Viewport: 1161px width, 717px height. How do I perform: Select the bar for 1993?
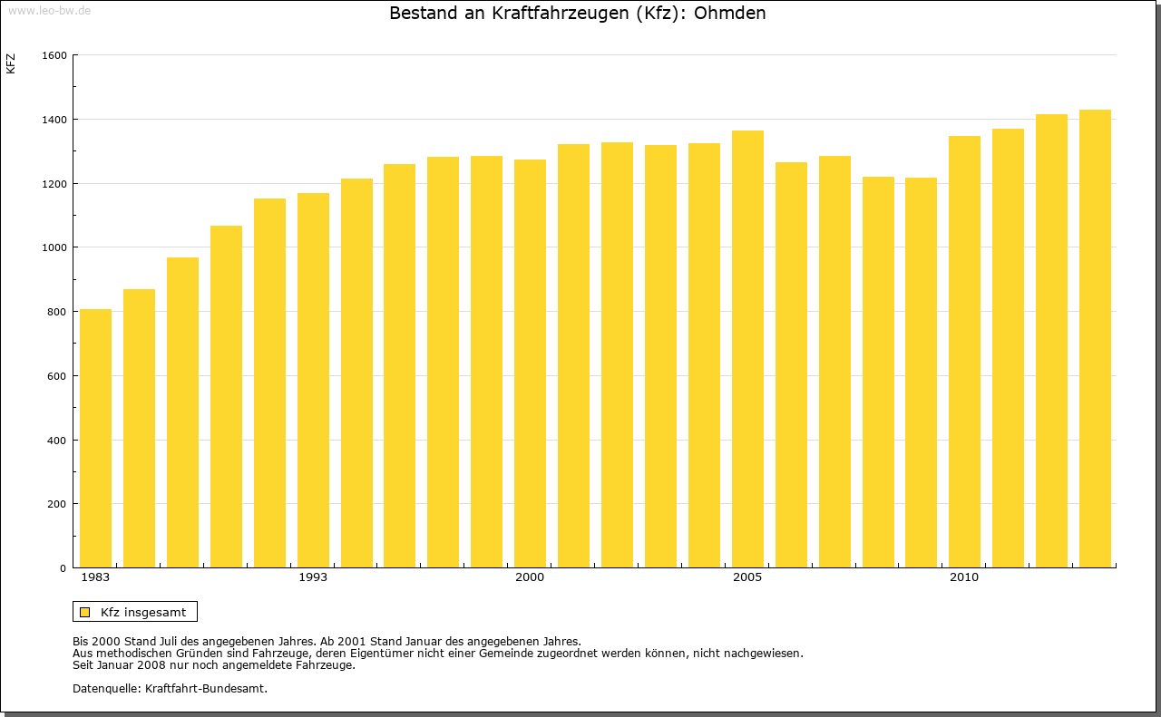click(x=313, y=381)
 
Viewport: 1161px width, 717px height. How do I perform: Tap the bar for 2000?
click(x=530, y=363)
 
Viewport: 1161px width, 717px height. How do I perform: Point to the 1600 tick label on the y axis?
click(x=55, y=55)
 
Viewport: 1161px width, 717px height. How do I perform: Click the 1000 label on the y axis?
click(x=55, y=247)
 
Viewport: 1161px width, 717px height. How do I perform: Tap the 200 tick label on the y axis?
click(x=58, y=504)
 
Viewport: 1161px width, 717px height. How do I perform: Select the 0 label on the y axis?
click(x=63, y=568)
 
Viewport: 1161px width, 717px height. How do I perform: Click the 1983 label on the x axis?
click(x=95, y=577)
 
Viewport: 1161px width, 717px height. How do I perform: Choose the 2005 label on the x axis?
click(x=747, y=577)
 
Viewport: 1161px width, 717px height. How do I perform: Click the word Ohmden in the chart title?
click(x=729, y=14)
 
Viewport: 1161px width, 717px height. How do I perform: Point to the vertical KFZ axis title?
click(x=11, y=64)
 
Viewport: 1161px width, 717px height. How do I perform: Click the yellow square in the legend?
click(x=85, y=612)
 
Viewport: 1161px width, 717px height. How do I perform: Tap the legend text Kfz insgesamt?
click(x=143, y=612)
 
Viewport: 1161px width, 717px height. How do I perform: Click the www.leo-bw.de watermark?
click(x=48, y=10)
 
